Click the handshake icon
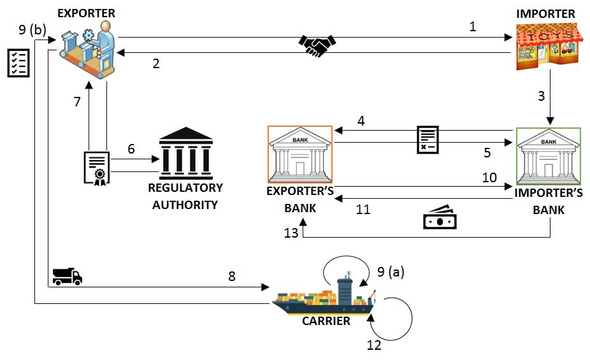[317, 45]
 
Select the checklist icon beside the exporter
[18, 63]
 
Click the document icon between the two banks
[427, 139]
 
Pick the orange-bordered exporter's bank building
[300, 153]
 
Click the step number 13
[291, 233]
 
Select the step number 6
[131, 149]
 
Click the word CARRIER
[326, 321]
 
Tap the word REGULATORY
[185, 188]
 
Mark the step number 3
[542, 97]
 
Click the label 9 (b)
[32, 29]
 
